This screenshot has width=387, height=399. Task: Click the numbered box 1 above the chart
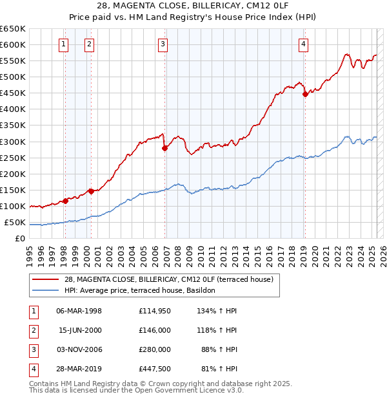click(64, 44)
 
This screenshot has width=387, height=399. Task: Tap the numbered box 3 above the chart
click(163, 44)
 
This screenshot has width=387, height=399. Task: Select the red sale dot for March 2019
click(305, 94)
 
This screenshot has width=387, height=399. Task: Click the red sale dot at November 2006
click(164, 148)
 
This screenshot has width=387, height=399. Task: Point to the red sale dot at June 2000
click(91, 191)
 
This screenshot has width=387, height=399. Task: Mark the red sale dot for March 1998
click(65, 201)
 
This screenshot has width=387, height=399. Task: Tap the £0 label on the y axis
click(19, 239)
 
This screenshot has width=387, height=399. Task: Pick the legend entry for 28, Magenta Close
click(169, 279)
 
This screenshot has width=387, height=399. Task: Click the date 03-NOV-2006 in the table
click(79, 349)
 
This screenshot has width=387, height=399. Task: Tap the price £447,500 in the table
click(154, 369)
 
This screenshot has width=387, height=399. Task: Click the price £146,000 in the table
click(154, 330)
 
